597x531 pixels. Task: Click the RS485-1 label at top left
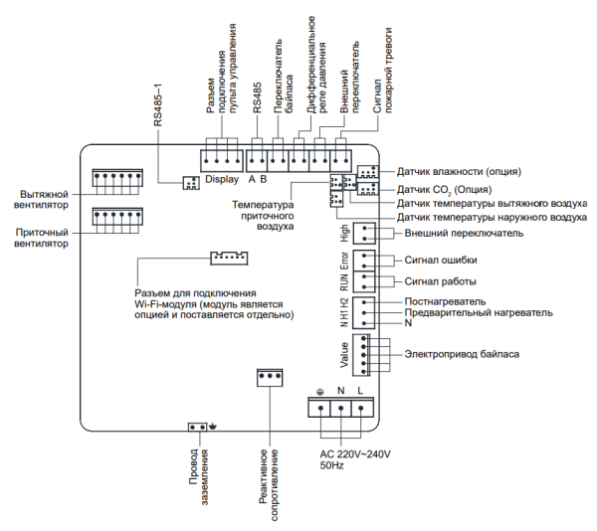click(x=160, y=104)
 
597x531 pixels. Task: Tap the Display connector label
click(x=221, y=180)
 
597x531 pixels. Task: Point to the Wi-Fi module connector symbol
click(x=228, y=258)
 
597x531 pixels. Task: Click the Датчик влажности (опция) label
click(x=459, y=171)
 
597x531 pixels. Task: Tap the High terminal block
click(x=366, y=233)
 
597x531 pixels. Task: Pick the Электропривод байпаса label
click(x=464, y=354)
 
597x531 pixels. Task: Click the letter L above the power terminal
click(x=359, y=392)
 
